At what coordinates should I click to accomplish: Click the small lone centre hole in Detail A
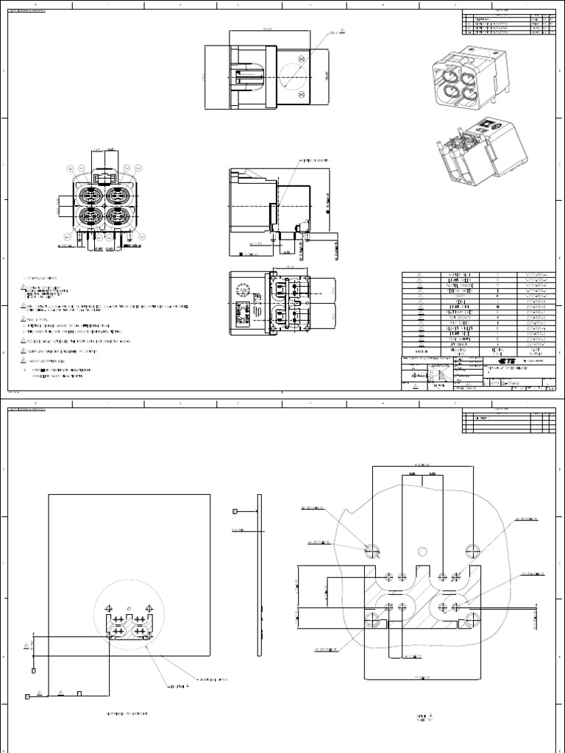[422, 551]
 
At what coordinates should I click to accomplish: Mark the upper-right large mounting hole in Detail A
[472, 548]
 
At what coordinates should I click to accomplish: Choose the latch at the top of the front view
[104, 178]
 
